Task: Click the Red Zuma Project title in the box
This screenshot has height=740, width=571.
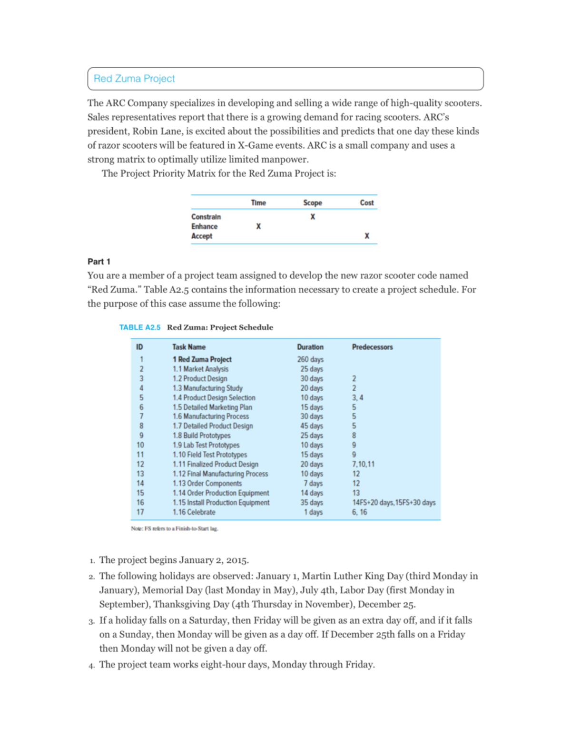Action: [134, 79]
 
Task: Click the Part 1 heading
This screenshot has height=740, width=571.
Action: [98, 262]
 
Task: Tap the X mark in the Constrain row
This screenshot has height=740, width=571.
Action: [313, 217]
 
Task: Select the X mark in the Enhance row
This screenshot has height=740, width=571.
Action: [258, 226]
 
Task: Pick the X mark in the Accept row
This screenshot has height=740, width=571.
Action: [367, 236]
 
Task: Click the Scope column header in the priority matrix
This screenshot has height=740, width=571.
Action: [313, 203]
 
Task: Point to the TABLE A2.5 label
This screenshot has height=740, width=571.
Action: [139, 327]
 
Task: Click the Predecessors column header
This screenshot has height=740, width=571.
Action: [372, 347]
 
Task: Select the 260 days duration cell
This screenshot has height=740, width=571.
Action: [310, 359]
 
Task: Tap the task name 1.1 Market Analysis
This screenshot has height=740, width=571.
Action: [200, 369]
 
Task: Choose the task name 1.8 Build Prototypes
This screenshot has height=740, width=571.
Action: [201, 436]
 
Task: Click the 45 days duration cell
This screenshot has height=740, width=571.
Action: [311, 426]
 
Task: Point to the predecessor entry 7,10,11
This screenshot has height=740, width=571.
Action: [363, 464]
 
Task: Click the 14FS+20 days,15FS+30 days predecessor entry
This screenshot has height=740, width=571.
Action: [394, 502]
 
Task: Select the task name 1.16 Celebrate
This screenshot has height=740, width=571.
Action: [194, 512]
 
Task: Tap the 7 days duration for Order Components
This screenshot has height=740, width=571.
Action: [313, 483]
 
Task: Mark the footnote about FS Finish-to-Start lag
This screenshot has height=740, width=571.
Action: [174, 528]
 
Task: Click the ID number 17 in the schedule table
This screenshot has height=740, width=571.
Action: [140, 512]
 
